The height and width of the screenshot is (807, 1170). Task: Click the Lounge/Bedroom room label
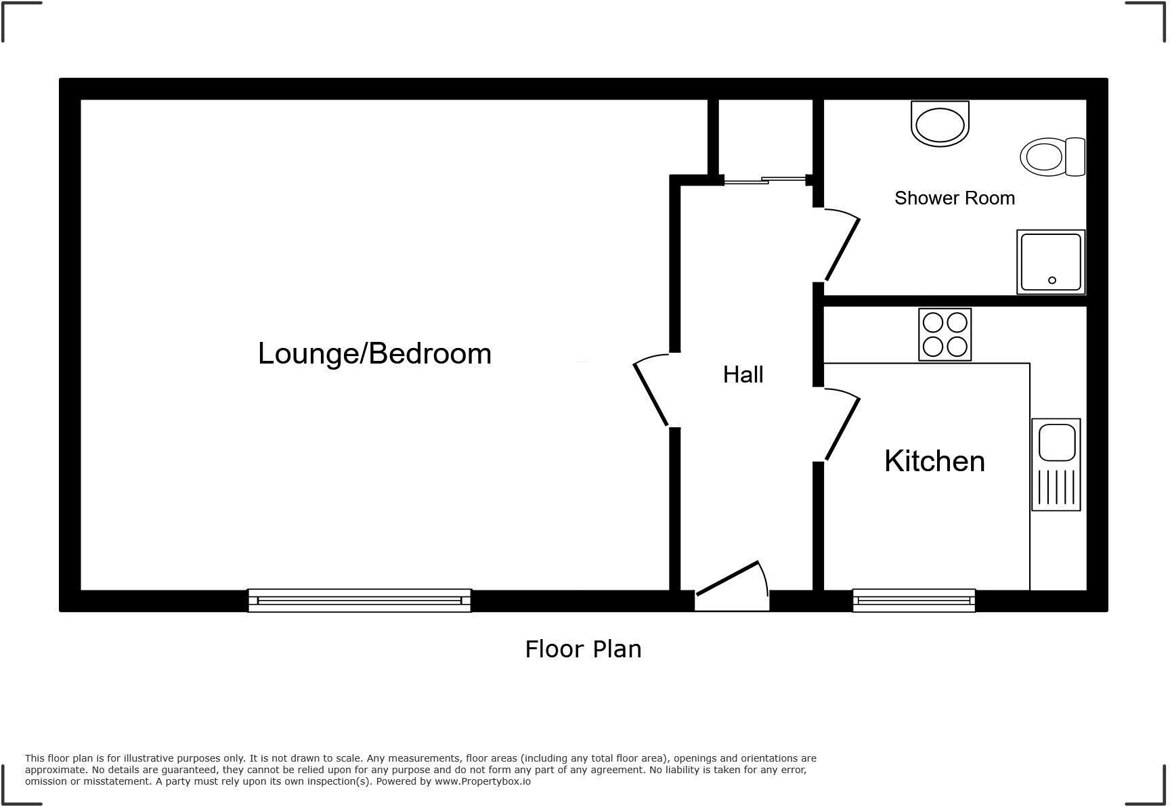pos(374,354)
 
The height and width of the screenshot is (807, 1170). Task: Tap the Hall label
pos(743,374)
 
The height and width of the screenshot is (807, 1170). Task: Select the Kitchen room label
pos(934,461)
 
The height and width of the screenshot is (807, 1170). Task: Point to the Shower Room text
pos(954,198)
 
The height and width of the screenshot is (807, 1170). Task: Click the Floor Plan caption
pos(583,649)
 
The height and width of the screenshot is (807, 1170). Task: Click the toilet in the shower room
pos(1052,157)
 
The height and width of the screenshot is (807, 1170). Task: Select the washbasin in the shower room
pos(940,124)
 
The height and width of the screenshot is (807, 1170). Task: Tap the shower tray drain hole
pos(1052,280)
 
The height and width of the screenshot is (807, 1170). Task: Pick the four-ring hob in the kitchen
pos(945,334)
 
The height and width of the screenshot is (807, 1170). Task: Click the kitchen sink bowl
pos(1056,442)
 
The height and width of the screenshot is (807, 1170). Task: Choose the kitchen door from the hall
pos(842,428)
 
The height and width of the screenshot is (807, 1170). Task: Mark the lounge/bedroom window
pos(360,601)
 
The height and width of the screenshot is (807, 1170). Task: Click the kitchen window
pos(913,601)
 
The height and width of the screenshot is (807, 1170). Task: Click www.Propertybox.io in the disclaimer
pos(482,781)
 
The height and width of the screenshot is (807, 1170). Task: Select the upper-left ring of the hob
pos(933,322)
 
